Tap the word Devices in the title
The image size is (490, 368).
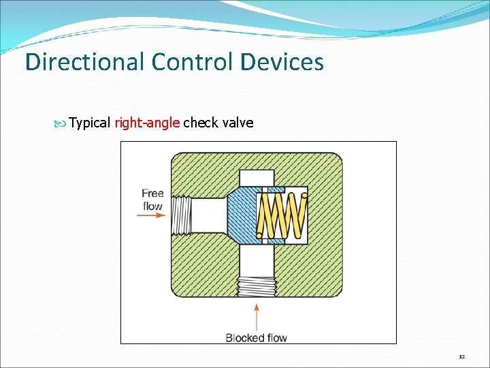pyautogui.click(x=282, y=63)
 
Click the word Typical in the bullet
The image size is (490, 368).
pyautogui.click(x=90, y=123)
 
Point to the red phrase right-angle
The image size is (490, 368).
pyautogui.click(x=147, y=123)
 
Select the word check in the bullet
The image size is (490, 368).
pyautogui.click(x=200, y=123)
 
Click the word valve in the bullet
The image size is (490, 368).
pyautogui.click(x=237, y=123)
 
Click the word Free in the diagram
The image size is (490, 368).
pyautogui.click(x=152, y=194)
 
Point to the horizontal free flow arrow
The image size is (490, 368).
pyautogui.click(x=151, y=215)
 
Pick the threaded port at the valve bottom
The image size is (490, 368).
pyautogui.click(x=256, y=286)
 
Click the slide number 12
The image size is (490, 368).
pyautogui.click(x=461, y=356)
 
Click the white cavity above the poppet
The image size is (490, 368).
pyautogui.click(x=257, y=177)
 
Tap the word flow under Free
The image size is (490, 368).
pyautogui.click(x=152, y=206)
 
